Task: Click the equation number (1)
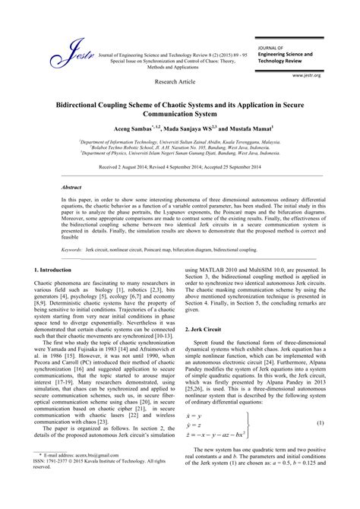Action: point(321,422)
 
